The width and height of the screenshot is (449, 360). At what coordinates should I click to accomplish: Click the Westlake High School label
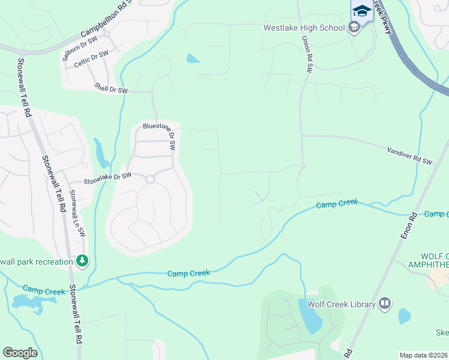pyautogui.click(x=304, y=28)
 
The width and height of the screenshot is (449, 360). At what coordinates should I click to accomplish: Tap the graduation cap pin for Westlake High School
pyautogui.click(x=361, y=11)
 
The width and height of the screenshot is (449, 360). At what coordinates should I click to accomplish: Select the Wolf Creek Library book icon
pyautogui.click(x=384, y=304)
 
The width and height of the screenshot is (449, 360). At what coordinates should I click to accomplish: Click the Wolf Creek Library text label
pyautogui.click(x=341, y=304)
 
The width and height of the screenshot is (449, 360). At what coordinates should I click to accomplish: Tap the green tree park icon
pyautogui.click(x=82, y=261)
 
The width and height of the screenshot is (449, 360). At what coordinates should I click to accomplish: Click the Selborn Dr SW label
pyautogui.click(x=80, y=49)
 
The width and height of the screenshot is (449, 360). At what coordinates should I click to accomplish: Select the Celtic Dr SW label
pyautogui.click(x=92, y=58)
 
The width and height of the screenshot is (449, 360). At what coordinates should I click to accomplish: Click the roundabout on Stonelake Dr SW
pyautogui.click(x=150, y=179)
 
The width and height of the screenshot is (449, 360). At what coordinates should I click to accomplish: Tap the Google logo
pyautogui.click(x=20, y=353)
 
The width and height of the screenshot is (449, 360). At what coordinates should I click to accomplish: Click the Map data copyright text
pyautogui.click(x=424, y=355)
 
